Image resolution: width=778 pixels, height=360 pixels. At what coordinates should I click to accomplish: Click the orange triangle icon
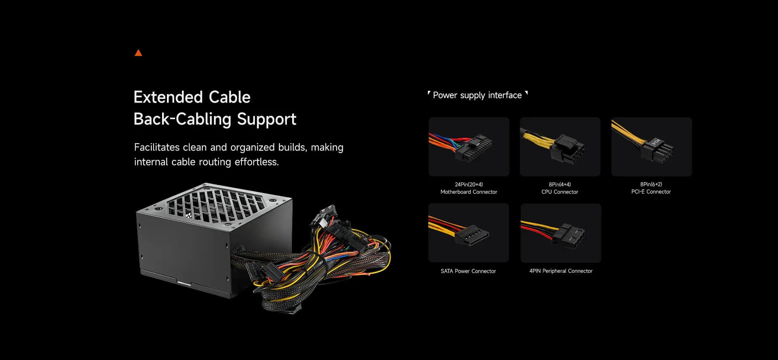click(x=138, y=53)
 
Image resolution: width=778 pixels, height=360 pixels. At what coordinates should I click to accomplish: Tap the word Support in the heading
click(x=266, y=119)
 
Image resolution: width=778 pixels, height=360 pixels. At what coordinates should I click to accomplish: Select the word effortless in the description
click(x=256, y=162)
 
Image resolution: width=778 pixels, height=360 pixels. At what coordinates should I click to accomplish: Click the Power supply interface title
click(x=477, y=95)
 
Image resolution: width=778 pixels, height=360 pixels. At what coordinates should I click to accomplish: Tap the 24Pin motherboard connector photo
click(x=469, y=147)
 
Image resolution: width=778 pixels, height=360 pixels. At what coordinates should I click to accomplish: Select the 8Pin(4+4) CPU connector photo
click(x=560, y=147)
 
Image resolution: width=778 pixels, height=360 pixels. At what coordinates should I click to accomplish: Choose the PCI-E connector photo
click(x=651, y=147)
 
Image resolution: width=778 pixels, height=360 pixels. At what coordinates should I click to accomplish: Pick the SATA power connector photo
click(x=468, y=233)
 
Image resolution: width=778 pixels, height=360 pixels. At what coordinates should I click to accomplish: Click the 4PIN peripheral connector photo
click(x=561, y=233)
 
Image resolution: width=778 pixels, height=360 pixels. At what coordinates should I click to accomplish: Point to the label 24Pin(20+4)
click(x=469, y=184)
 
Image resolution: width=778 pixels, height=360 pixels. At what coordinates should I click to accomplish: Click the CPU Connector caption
click(x=560, y=192)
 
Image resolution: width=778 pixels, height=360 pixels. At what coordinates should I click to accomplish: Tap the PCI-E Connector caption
click(x=651, y=192)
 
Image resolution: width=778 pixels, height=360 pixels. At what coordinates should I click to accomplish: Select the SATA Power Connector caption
click(x=468, y=271)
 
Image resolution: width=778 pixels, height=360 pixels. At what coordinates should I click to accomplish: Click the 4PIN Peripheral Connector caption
click(x=561, y=271)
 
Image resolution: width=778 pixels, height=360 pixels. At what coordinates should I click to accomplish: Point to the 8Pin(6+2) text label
click(x=651, y=184)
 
